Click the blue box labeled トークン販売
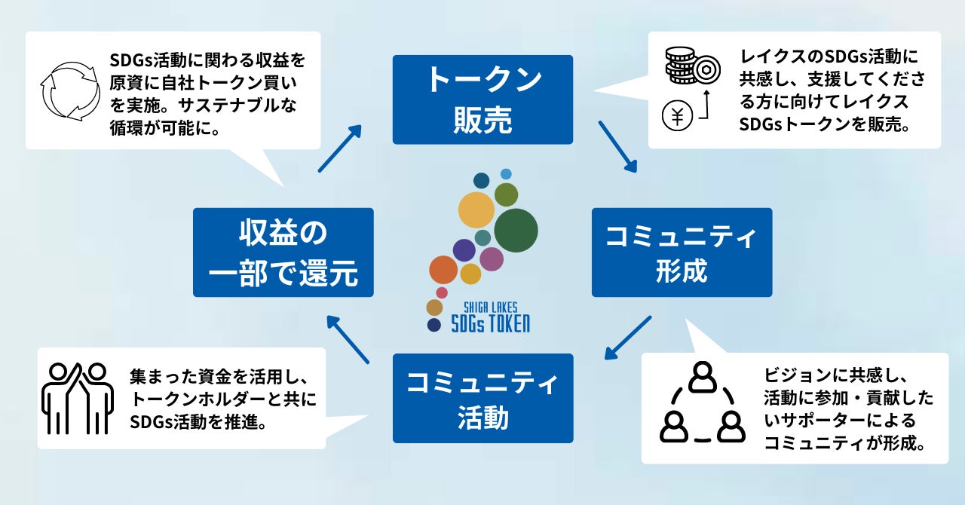pyautogui.click(x=482, y=99)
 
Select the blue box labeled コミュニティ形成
pyautogui.click(x=682, y=252)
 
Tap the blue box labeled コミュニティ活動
pyautogui.click(x=482, y=398)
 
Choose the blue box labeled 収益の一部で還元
pyautogui.click(x=283, y=252)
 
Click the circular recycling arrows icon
pyautogui.click(x=69, y=90)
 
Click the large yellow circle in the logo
pyautogui.click(x=476, y=210)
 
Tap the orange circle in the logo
pyautogui.click(x=443, y=270)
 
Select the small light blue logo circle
pyautogui.click(x=506, y=174)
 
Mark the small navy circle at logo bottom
pyautogui.click(x=433, y=325)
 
